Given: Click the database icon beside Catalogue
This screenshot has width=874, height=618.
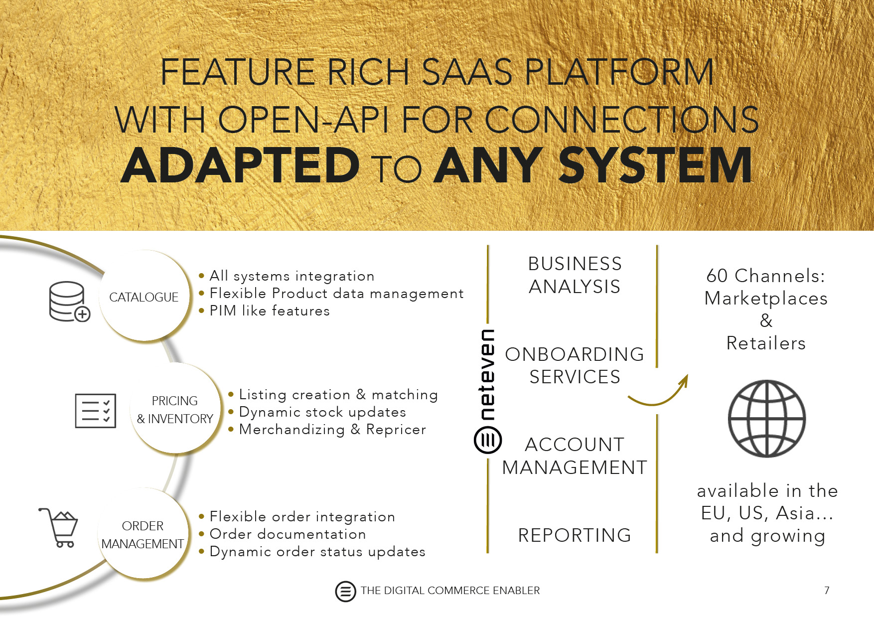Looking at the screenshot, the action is click(x=69, y=301).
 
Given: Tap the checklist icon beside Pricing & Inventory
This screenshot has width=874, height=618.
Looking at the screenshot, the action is click(x=95, y=411).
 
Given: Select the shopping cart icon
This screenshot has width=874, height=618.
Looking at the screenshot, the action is click(x=59, y=527).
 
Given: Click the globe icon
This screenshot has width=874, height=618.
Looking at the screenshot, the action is click(x=766, y=419).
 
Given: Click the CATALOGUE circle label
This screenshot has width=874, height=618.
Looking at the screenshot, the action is click(x=144, y=297).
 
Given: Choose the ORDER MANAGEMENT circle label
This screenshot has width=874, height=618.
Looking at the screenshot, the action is click(x=143, y=535).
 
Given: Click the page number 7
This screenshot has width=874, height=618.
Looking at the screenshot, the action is click(x=827, y=591).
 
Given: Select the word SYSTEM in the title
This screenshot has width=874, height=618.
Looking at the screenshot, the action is click(x=655, y=165).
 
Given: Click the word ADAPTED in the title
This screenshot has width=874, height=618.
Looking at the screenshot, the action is click(x=240, y=165).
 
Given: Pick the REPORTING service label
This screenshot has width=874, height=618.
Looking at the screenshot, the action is click(x=575, y=535).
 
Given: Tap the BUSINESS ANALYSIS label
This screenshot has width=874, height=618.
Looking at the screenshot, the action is click(x=575, y=275).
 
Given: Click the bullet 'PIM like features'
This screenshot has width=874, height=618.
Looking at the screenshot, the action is click(x=270, y=311).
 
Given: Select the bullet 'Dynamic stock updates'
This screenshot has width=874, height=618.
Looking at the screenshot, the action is click(x=322, y=412).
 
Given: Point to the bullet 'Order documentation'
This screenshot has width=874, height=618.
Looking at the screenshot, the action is click(x=288, y=534).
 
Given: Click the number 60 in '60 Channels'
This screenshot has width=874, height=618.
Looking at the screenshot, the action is click(x=718, y=276).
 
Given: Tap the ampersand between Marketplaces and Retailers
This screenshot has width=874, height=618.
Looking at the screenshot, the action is click(x=766, y=320).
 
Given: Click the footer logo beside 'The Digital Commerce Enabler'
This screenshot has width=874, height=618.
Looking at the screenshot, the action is click(x=345, y=592).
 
